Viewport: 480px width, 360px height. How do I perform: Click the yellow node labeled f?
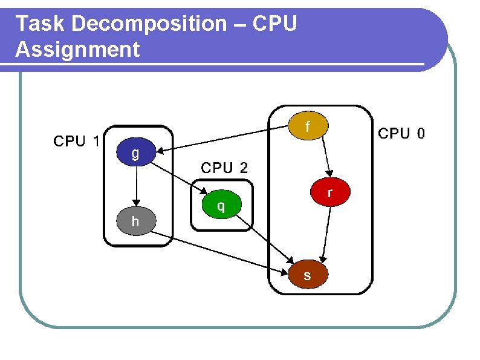(308, 126)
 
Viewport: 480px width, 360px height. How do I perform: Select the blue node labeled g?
(135, 154)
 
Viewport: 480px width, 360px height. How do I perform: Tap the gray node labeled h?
(135, 221)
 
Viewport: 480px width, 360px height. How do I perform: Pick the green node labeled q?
(221, 206)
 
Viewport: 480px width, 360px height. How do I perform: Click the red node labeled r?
(329, 192)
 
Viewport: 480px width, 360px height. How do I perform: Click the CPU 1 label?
(77, 142)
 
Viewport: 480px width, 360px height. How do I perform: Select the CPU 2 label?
(224, 168)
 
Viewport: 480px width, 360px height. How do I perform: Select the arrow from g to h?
(137, 185)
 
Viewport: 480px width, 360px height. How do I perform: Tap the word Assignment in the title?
(77, 49)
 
